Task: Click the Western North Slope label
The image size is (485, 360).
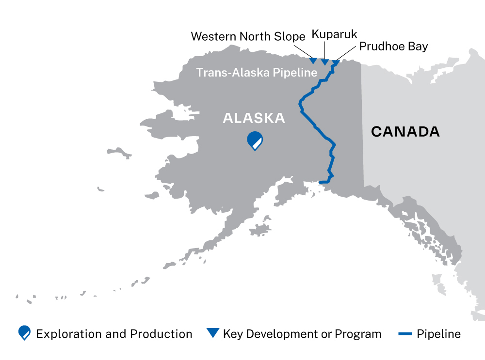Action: coord(248,36)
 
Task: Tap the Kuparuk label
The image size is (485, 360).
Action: coord(334,34)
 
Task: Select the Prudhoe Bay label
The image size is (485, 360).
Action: coord(394,47)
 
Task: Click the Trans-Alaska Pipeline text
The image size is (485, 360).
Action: coord(257,73)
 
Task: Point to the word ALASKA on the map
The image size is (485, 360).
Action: coord(254,118)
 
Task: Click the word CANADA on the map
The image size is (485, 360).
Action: coord(405,131)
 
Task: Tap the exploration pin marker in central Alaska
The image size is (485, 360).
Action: coord(255,140)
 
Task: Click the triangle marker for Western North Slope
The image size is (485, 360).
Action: coord(313,61)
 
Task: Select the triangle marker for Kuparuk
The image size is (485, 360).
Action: coord(325,62)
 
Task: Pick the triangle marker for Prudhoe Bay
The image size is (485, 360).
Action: coord(336,63)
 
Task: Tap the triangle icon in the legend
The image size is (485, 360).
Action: coord(212,333)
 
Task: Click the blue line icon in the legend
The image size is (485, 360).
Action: coord(404,334)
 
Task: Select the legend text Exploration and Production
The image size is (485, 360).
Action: coord(114,334)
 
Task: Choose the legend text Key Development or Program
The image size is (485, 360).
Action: coord(302,334)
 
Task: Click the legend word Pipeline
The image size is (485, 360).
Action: coord(438,334)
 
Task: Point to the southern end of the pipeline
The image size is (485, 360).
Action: coord(320,182)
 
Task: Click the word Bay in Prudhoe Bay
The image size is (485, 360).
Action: coord(419,47)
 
